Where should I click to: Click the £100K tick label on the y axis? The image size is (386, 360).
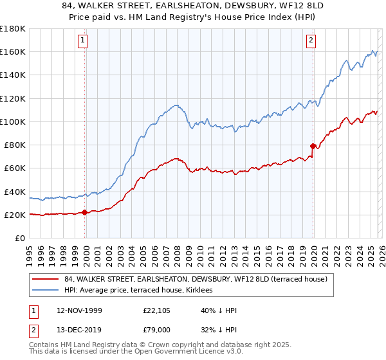13,122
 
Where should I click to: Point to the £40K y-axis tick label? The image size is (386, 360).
15,192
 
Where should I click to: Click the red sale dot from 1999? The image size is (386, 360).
84,212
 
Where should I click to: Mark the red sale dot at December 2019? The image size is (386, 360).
313,146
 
